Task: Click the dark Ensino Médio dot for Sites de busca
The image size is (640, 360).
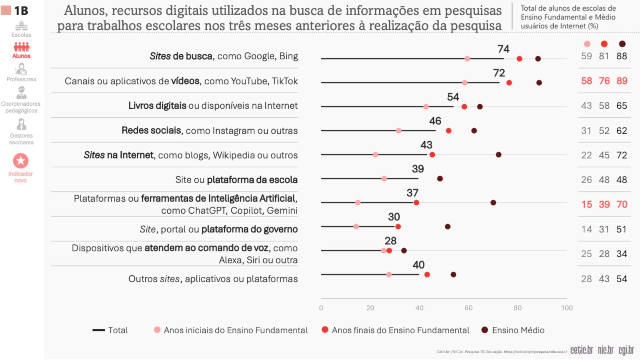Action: click(538, 59)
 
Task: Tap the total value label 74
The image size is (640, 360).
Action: click(503, 49)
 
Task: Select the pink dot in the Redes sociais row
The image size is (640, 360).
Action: click(398, 131)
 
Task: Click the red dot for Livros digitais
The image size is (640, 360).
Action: click(464, 107)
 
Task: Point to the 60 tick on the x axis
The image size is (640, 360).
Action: click(468, 308)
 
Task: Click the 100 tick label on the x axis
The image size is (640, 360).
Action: click(567, 308)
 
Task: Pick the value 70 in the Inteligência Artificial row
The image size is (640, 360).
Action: click(622, 204)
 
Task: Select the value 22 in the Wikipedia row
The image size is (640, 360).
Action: click(586, 155)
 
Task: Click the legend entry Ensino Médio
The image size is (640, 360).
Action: click(518, 330)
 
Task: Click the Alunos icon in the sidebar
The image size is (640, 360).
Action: click(21, 48)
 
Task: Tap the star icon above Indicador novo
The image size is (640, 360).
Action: click(21, 161)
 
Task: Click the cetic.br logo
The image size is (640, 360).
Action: click(581, 350)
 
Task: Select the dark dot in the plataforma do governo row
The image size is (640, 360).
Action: click(448, 227)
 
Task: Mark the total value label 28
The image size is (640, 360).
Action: click(390, 241)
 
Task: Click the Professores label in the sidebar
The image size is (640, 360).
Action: click(21, 79)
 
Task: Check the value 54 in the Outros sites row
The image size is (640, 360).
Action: click(622, 279)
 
